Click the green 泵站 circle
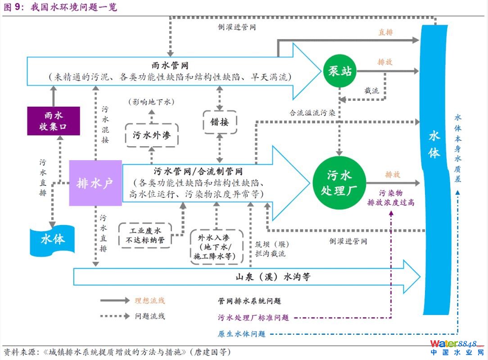point(339,71)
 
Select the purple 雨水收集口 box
point(53,121)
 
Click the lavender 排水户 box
point(95,183)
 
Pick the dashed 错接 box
point(220,122)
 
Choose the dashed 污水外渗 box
point(152,135)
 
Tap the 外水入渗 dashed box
point(215,247)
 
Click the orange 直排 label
point(385,32)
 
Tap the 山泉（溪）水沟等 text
point(273,277)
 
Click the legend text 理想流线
point(150,301)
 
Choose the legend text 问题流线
point(150,316)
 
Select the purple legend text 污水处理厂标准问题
point(253,318)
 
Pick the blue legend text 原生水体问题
point(242,334)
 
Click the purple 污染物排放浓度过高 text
point(391,198)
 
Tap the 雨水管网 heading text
point(170,66)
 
